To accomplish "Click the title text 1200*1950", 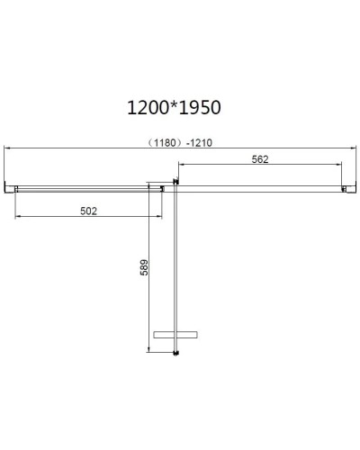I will click(175, 107).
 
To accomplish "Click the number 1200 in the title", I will click(148, 107).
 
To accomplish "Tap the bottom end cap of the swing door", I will click(176, 352).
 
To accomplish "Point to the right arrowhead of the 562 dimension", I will click(339, 166).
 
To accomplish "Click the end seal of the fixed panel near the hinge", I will click(162, 188).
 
